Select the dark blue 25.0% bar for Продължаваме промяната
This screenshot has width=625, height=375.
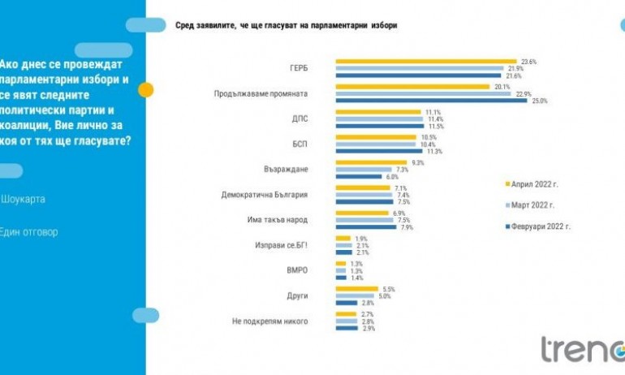click(x=430, y=101)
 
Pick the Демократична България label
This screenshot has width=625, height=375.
click(x=265, y=194)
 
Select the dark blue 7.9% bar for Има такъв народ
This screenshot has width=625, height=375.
click(x=366, y=227)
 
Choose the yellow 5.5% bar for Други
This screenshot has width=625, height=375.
click(x=356, y=289)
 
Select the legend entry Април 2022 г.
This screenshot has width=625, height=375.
click(x=535, y=184)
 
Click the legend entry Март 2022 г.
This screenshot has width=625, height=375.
click(x=532, y=205)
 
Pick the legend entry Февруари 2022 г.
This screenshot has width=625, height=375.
click(x=540, y=226)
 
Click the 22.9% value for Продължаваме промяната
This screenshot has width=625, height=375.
click(x=520, y=93)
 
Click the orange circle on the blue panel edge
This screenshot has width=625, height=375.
click(x=146, y=90)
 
